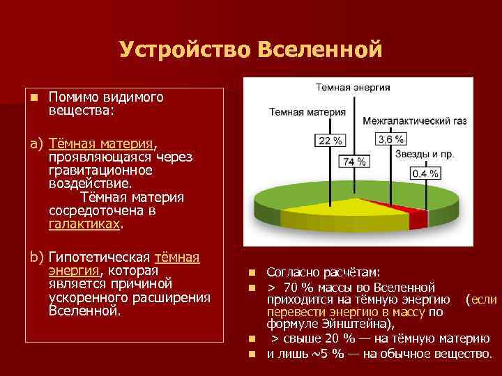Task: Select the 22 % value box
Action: pyautogui.click(x=330, y=141)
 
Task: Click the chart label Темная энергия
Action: pyautogui.click(x=353, y=88)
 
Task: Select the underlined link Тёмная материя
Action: pyautogui.click(x=101, y=143)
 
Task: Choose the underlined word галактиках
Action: pyautogui.click(x=84, y=225)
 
